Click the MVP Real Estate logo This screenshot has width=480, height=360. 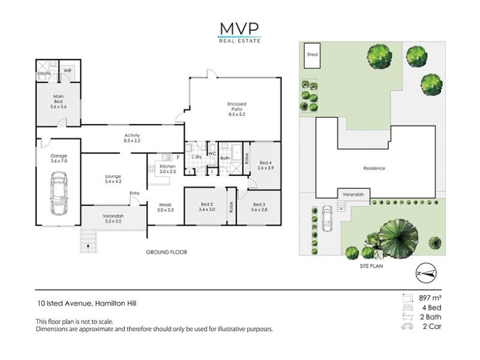point(239,33)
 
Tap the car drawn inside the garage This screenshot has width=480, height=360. point(59,193)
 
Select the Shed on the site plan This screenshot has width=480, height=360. point(312,55)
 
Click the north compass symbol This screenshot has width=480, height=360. point(426,274)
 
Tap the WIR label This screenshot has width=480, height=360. point(68,70)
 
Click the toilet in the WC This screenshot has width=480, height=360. point(212,146)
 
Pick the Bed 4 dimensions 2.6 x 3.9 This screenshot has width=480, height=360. point(266,168)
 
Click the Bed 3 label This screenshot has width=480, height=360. point(259,204)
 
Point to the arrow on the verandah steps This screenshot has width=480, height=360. point(88,245)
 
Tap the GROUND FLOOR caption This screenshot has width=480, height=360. point(167,252)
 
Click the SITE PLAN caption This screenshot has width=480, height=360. point(371,266)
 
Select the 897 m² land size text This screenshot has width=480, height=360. point(430,298)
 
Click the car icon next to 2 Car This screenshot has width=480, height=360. point(407,326)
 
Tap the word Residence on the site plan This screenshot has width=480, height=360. point(374,169)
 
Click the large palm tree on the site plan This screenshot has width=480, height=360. point(398,238)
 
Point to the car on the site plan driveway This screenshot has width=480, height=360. point(327,218)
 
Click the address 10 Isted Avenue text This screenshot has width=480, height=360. point(64,304)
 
